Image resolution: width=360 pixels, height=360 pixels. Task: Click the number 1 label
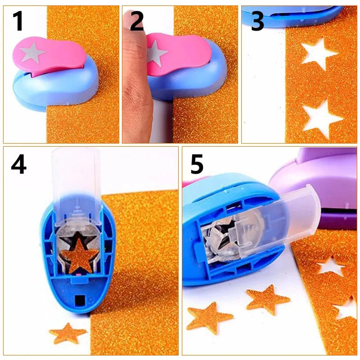(18, 22)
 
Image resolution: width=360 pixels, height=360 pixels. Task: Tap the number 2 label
(137, 22)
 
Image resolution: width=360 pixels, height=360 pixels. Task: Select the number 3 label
(257, 22)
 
